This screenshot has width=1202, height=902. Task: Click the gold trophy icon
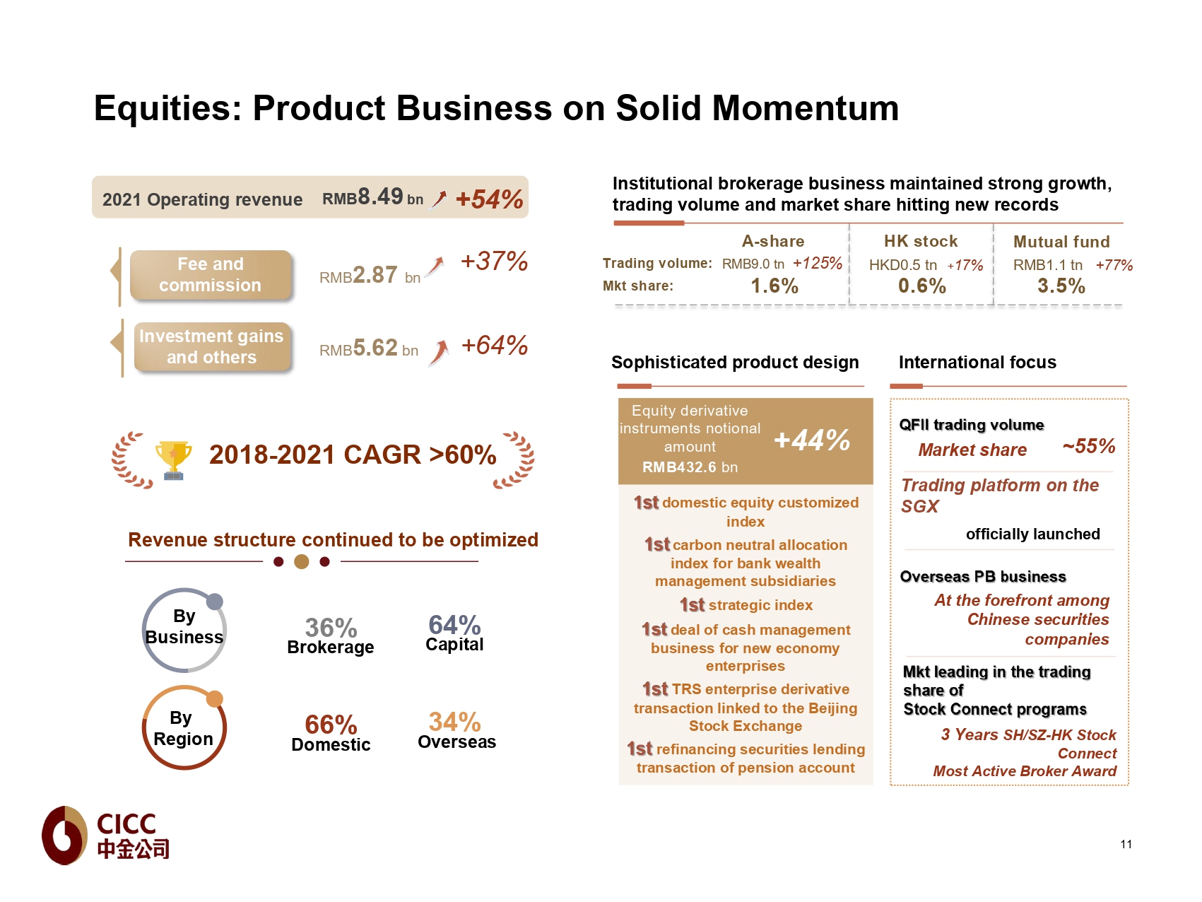(173, 459)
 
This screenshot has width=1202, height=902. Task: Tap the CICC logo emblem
(65, 835)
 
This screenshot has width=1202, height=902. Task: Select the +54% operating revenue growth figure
(489, 199)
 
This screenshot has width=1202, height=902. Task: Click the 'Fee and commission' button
(211, 275)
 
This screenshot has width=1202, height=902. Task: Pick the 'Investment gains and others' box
(211, 346)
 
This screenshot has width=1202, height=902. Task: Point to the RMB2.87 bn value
(370, 275)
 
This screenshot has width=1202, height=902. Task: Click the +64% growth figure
(494, 346)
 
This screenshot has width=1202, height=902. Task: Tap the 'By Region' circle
(184, 728)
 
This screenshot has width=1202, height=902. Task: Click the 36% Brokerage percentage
(331, 628)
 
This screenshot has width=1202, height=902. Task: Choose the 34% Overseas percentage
(454, 722)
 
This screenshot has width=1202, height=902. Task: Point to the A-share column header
(772, 242)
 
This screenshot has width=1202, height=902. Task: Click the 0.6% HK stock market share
(921, 286)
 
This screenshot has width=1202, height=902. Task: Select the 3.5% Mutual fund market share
(1061, 286)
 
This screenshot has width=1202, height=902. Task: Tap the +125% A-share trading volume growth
(818, 264)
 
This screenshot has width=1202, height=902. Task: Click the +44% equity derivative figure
(812, 440)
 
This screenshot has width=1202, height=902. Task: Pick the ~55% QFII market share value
(1088, 447)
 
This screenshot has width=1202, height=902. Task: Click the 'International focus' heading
(977, 363)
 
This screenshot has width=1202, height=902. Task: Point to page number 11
(1126, 844)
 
